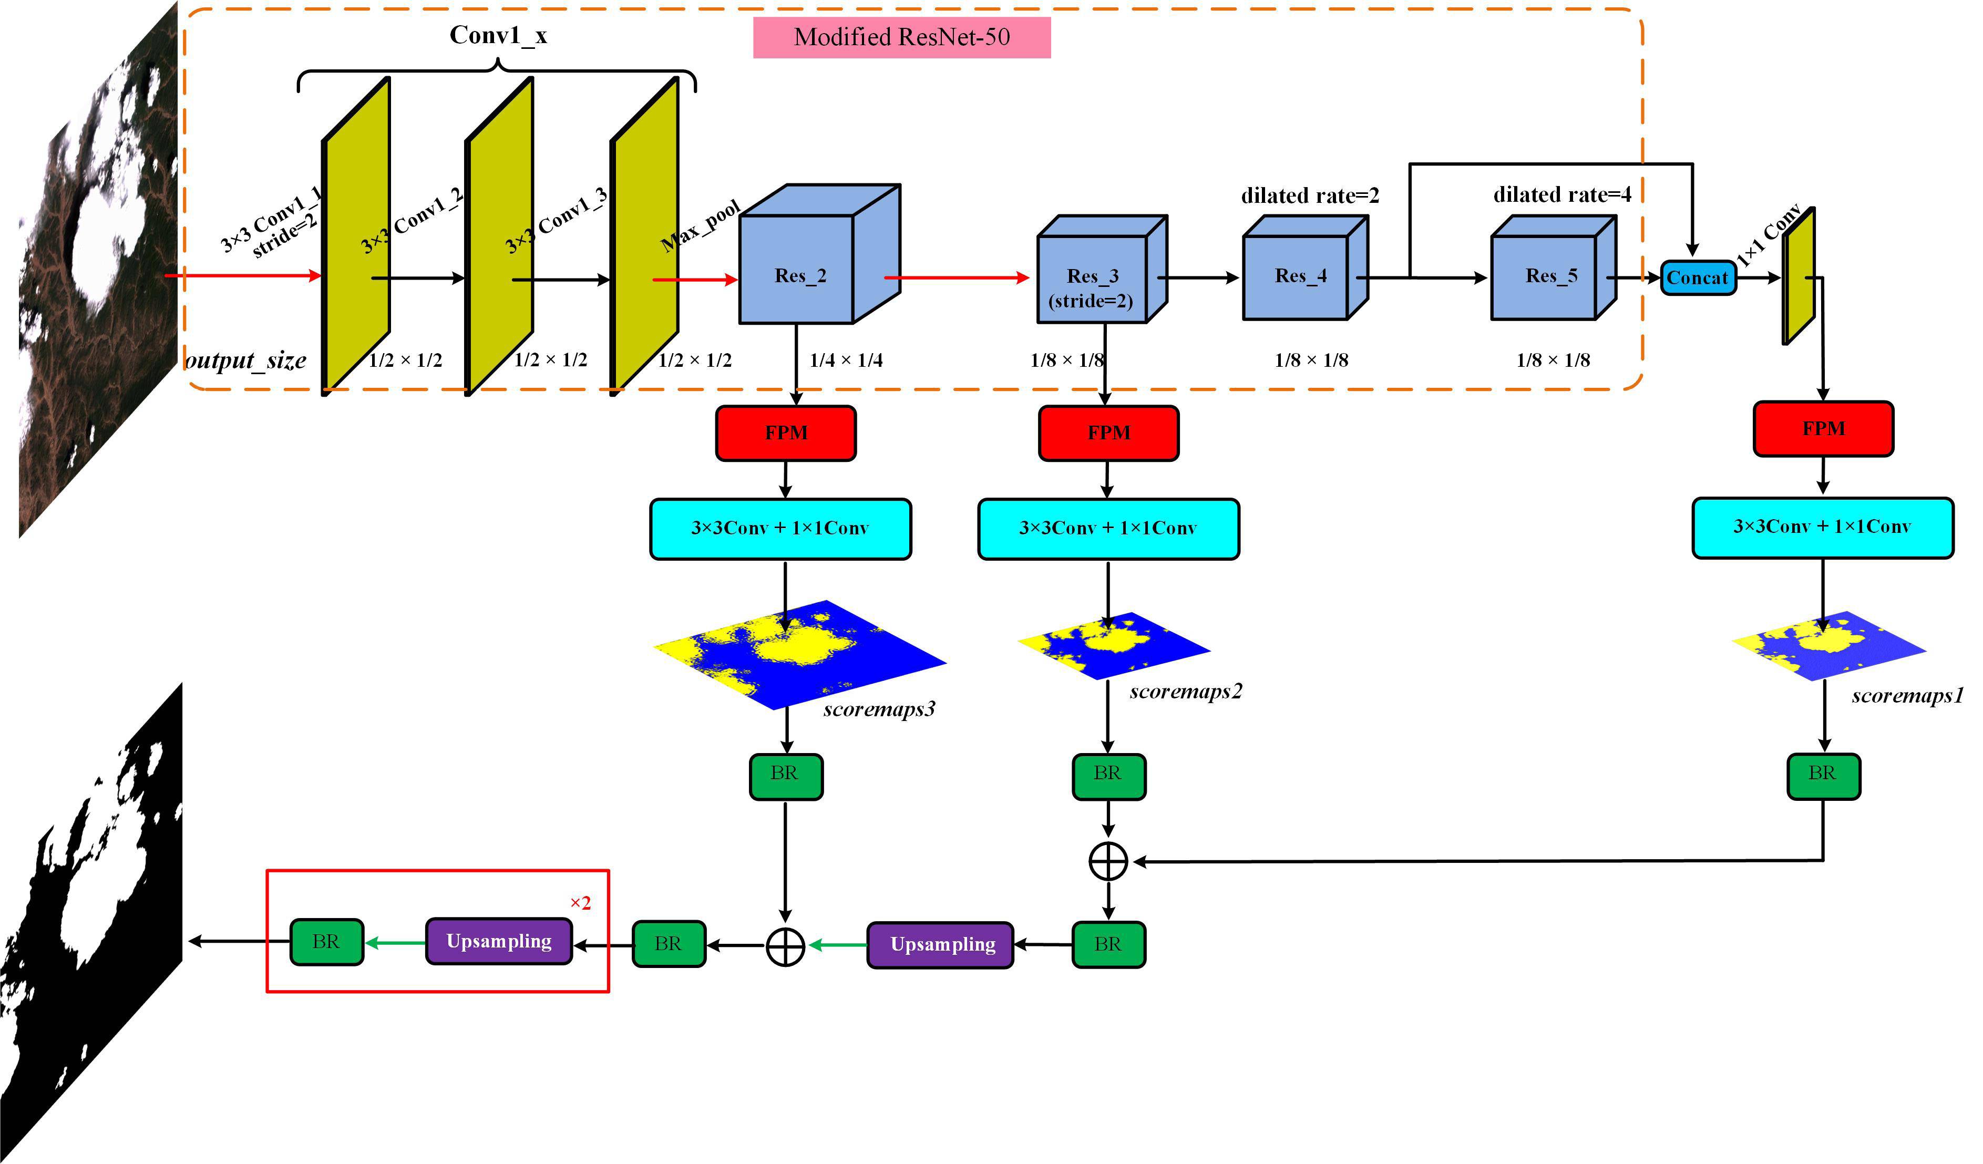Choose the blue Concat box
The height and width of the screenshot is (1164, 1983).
(1698, 278)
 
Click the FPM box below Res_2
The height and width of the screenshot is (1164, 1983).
(785, 433)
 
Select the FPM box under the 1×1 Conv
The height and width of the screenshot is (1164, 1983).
(1823, 429)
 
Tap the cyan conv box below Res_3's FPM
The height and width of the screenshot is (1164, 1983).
(1108, 528)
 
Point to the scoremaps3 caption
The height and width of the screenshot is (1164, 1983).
(879, 709)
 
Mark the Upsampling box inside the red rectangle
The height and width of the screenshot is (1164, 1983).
(499, 941)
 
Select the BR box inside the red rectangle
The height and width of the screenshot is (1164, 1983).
(326, 941)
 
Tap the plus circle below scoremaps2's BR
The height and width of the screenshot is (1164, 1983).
(1108, 862)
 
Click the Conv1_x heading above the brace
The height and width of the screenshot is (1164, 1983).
(498, 35)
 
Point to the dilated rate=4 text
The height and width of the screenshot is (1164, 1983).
(1562, 194)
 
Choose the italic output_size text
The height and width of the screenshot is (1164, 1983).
(245, 360)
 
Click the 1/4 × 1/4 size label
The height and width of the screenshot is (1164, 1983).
(846, 360)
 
